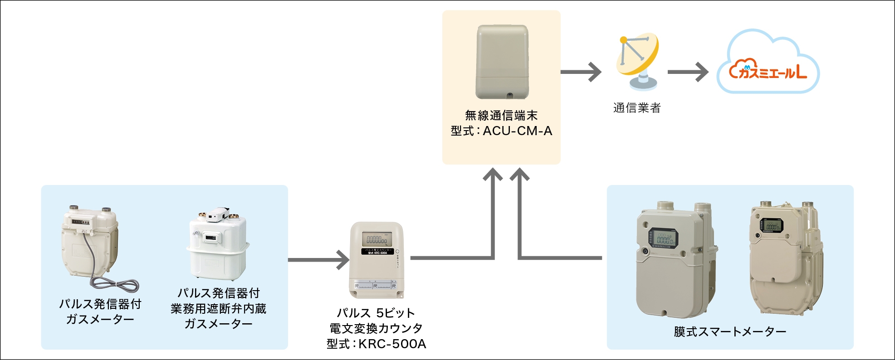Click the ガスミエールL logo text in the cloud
point(768,71)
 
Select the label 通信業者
point(637,108)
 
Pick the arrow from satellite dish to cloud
point(688,72)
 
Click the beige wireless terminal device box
point(502,62)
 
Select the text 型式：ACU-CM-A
point(501,131)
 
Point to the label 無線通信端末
point(501,116)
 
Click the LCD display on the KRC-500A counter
point(377,239)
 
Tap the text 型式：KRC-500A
point(377,344)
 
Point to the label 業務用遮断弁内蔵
point(218,309)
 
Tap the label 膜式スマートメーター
point(730,332)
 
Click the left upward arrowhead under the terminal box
point(493,175)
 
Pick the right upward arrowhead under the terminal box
point(520,175)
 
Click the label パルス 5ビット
point(376,313)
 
